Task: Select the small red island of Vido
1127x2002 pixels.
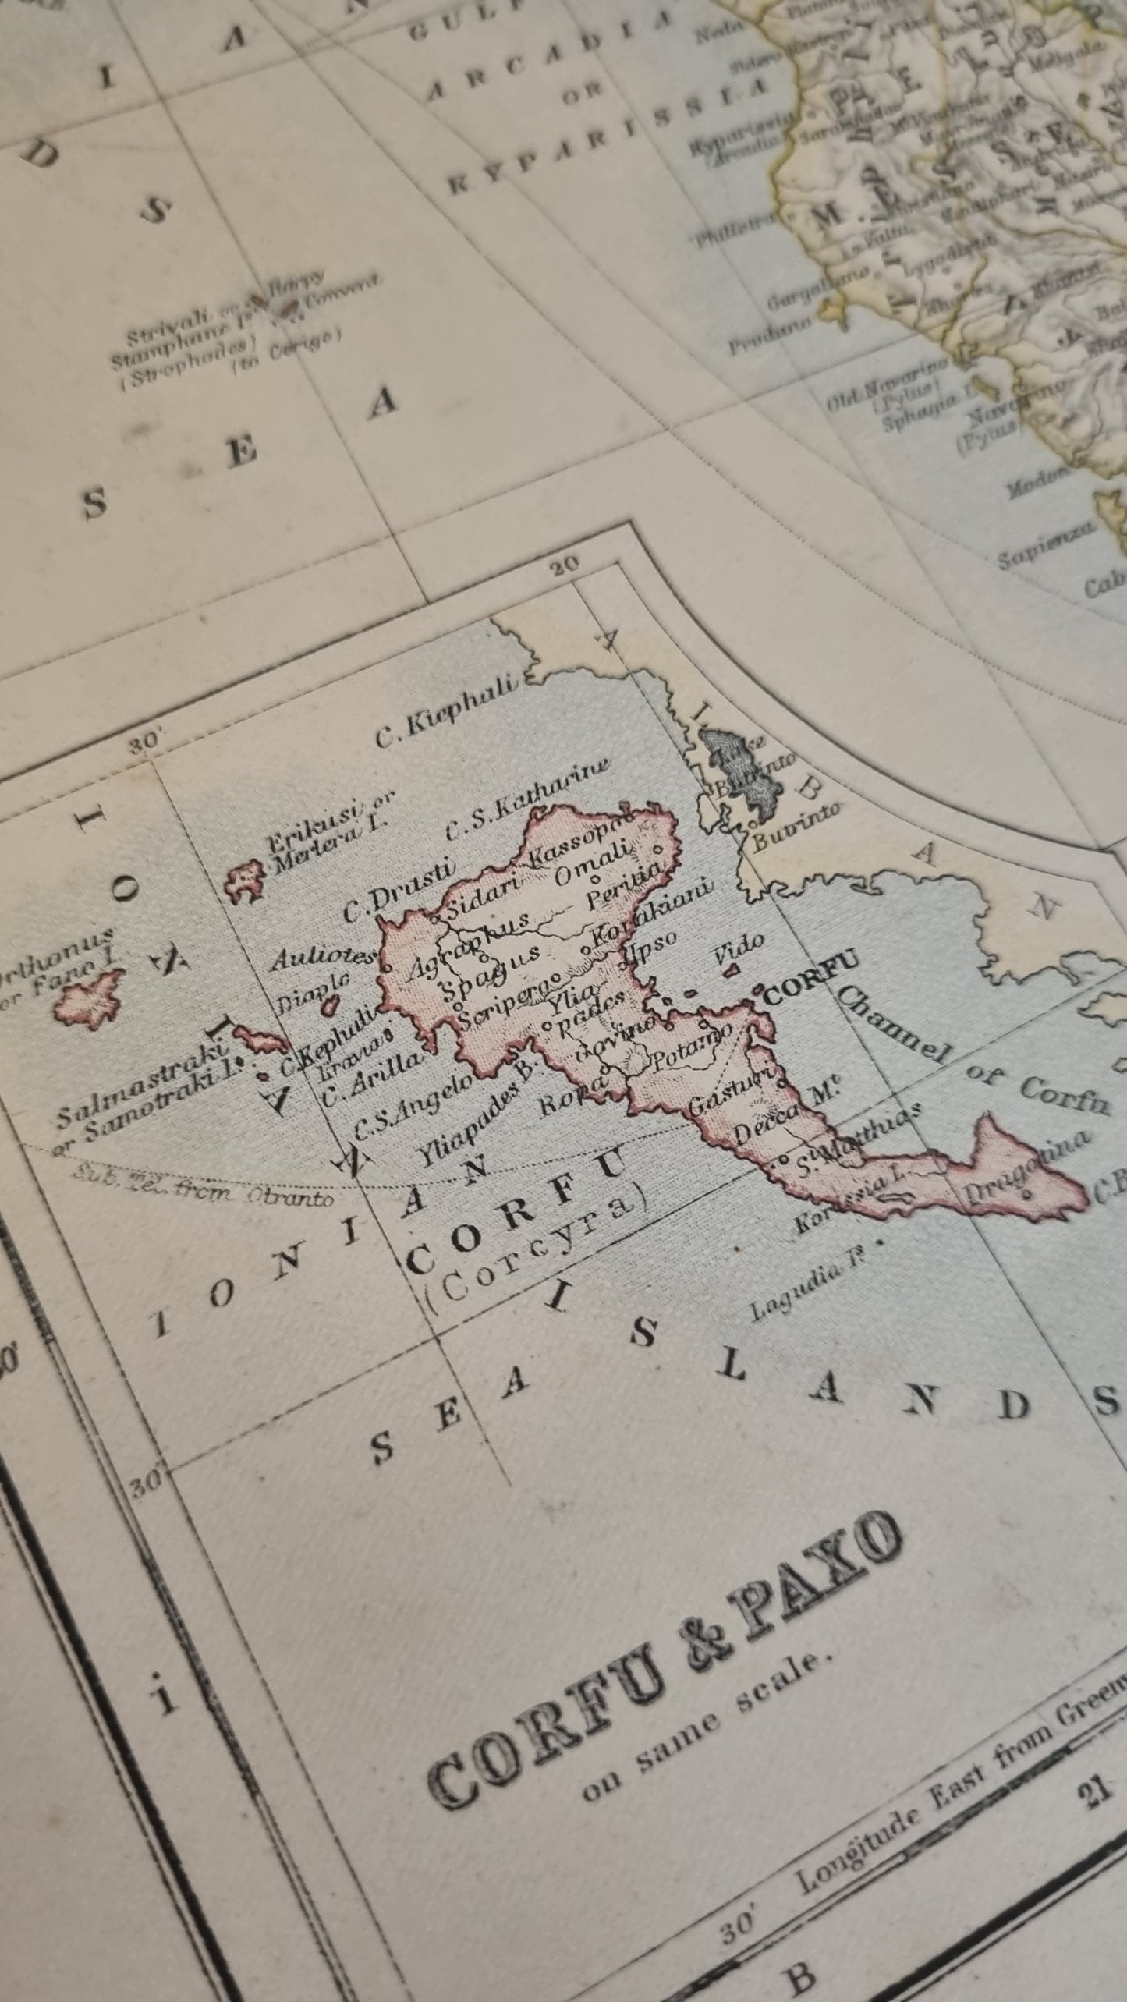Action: [732, 970]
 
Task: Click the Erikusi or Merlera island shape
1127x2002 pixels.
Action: [244, 881]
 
